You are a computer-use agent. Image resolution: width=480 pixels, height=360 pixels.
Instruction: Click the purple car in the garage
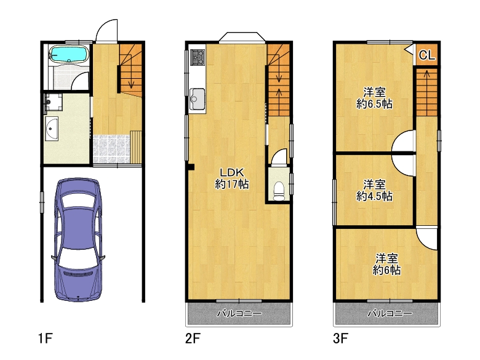pyautogui.click(x=78, y=240)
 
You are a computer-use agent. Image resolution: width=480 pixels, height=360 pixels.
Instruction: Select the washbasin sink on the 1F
pyautogui.click(x=52, y=130)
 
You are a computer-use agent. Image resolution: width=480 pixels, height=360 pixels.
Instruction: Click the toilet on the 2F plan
pyautogui.click(x=278, y=189)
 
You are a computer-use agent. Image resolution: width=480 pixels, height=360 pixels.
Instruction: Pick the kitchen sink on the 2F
pyautogui.click(x=198, y=97)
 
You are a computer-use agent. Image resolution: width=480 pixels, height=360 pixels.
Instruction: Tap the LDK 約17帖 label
pyautogui.click(x=231, y=178)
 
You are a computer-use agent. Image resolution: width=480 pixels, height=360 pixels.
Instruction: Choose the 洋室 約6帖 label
pyautogui.click(x=386, y=263)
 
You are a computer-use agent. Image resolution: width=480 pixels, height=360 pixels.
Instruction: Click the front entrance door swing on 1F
pyautogui.click(x=106, y=31)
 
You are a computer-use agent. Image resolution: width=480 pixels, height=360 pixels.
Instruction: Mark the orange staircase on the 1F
pyautogui.click(x=130, y=71)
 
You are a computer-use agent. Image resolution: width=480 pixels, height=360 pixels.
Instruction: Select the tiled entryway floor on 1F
pyautogui.click(x=111, y=149)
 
